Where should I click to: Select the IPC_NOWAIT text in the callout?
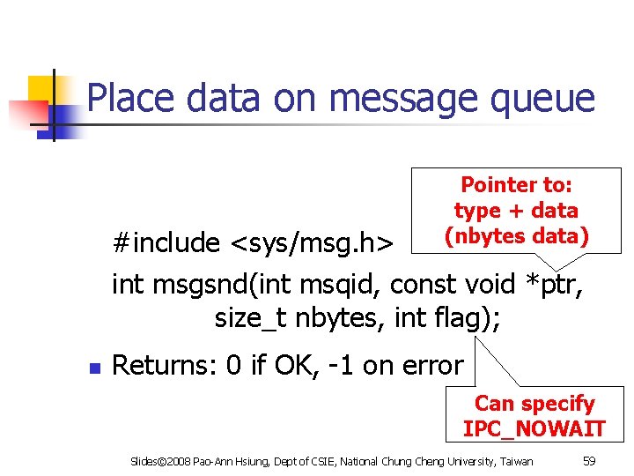pos(534,429)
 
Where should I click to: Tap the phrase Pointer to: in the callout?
pos(517,185)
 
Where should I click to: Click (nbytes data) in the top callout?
pos(517,236)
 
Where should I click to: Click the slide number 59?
pos(590,461)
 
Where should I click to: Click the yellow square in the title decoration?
pos(41,88)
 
